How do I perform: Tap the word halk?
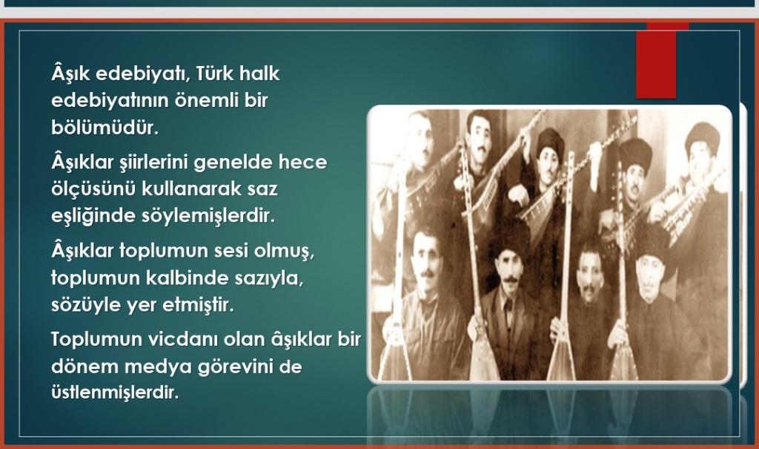(259, 73)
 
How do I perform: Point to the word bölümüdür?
(105, 127)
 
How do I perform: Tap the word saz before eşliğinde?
(262, 189)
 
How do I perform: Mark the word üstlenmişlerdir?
(115, 393)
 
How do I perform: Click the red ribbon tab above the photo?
(656, 62)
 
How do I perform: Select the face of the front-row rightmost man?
(649, 277)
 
